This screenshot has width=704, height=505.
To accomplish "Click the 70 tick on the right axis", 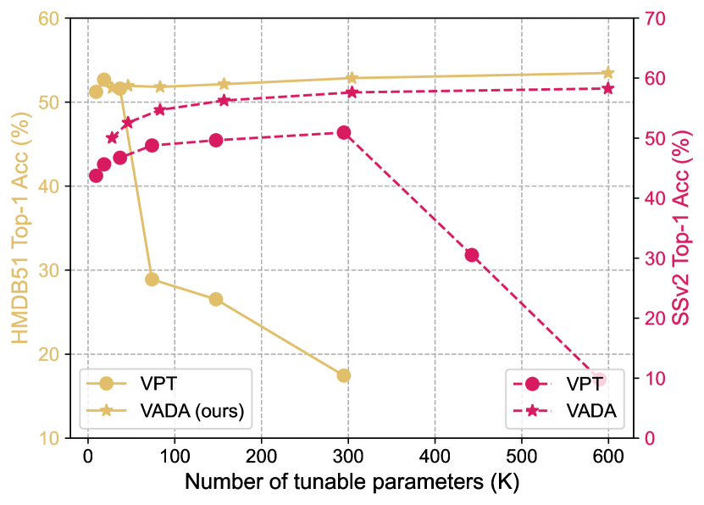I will coord(655,19).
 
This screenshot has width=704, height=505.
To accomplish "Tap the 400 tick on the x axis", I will coord(435,455).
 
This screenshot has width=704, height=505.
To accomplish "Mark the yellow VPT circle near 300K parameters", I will coord(343,375).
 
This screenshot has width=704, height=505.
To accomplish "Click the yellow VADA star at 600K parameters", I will coord(607,73).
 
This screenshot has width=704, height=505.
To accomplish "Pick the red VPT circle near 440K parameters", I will coord(472,255).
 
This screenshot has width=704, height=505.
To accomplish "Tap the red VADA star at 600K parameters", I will coord(607,88).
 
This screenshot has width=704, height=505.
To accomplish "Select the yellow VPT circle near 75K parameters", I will coord(152,279).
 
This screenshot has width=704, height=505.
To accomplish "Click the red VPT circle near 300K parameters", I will coord(344,132).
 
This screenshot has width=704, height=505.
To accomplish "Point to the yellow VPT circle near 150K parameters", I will coord(216,299).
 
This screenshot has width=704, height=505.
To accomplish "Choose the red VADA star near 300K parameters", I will coord(351,92).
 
